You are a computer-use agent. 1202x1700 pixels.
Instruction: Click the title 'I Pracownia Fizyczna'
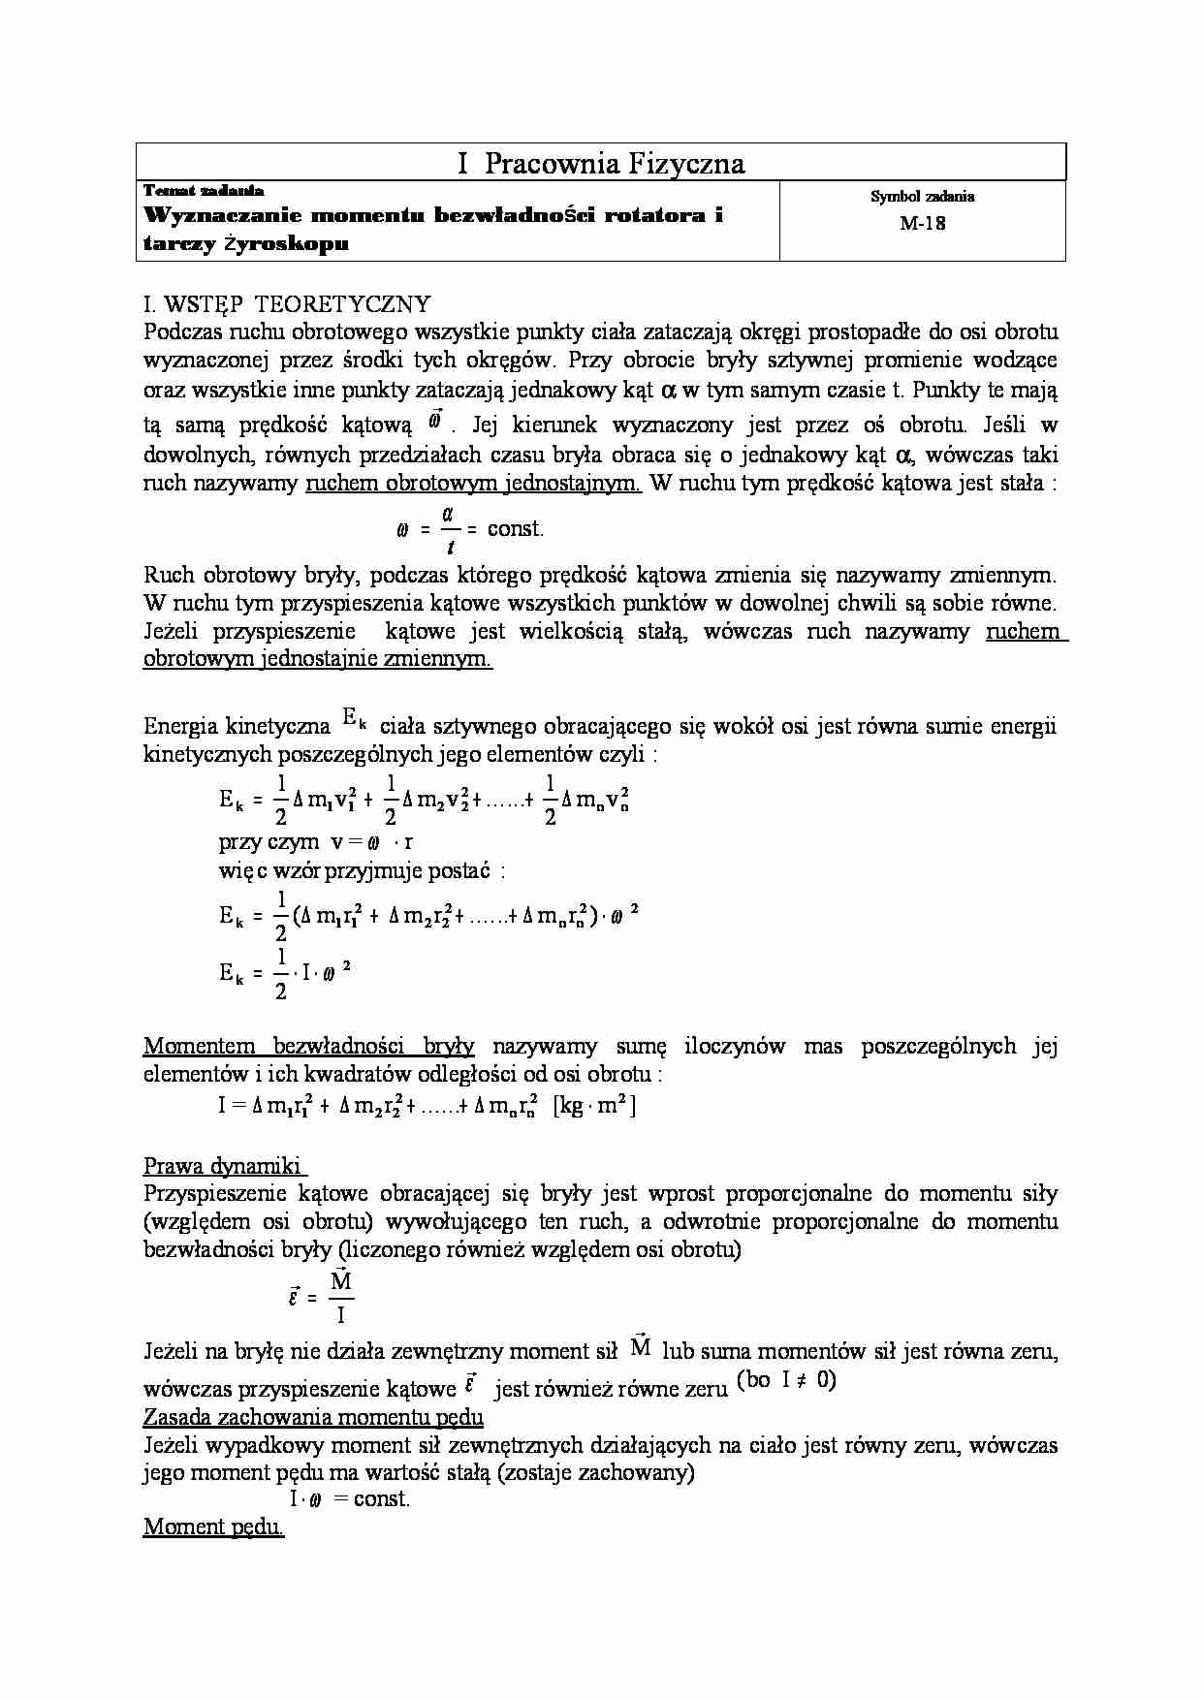600,163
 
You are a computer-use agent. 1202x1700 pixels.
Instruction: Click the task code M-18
922,223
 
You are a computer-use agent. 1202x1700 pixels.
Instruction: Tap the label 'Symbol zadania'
922,197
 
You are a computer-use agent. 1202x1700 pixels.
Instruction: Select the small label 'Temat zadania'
204,191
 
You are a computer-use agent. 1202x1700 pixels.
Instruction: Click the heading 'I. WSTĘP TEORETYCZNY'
286,304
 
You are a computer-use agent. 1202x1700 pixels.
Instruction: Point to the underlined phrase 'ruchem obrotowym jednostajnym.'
473,483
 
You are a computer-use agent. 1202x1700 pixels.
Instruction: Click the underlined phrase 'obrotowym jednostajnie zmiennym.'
317,659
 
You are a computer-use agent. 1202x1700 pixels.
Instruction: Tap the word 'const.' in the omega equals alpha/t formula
516,529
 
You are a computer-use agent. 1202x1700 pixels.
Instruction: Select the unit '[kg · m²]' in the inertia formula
594,1105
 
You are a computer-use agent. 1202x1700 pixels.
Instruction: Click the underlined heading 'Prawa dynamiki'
224,1165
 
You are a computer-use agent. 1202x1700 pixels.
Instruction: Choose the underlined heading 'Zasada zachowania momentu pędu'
313,1417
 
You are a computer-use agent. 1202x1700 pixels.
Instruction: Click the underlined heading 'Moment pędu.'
213,1527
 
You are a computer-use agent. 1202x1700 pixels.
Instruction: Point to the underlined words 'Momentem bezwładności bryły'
308,1046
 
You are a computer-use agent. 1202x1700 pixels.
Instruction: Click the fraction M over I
341,1297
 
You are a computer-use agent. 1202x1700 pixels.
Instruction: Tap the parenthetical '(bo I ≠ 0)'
786,1380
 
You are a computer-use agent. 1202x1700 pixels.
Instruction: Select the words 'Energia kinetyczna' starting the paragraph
237,726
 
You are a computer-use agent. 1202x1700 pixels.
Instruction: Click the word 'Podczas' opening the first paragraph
180,331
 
